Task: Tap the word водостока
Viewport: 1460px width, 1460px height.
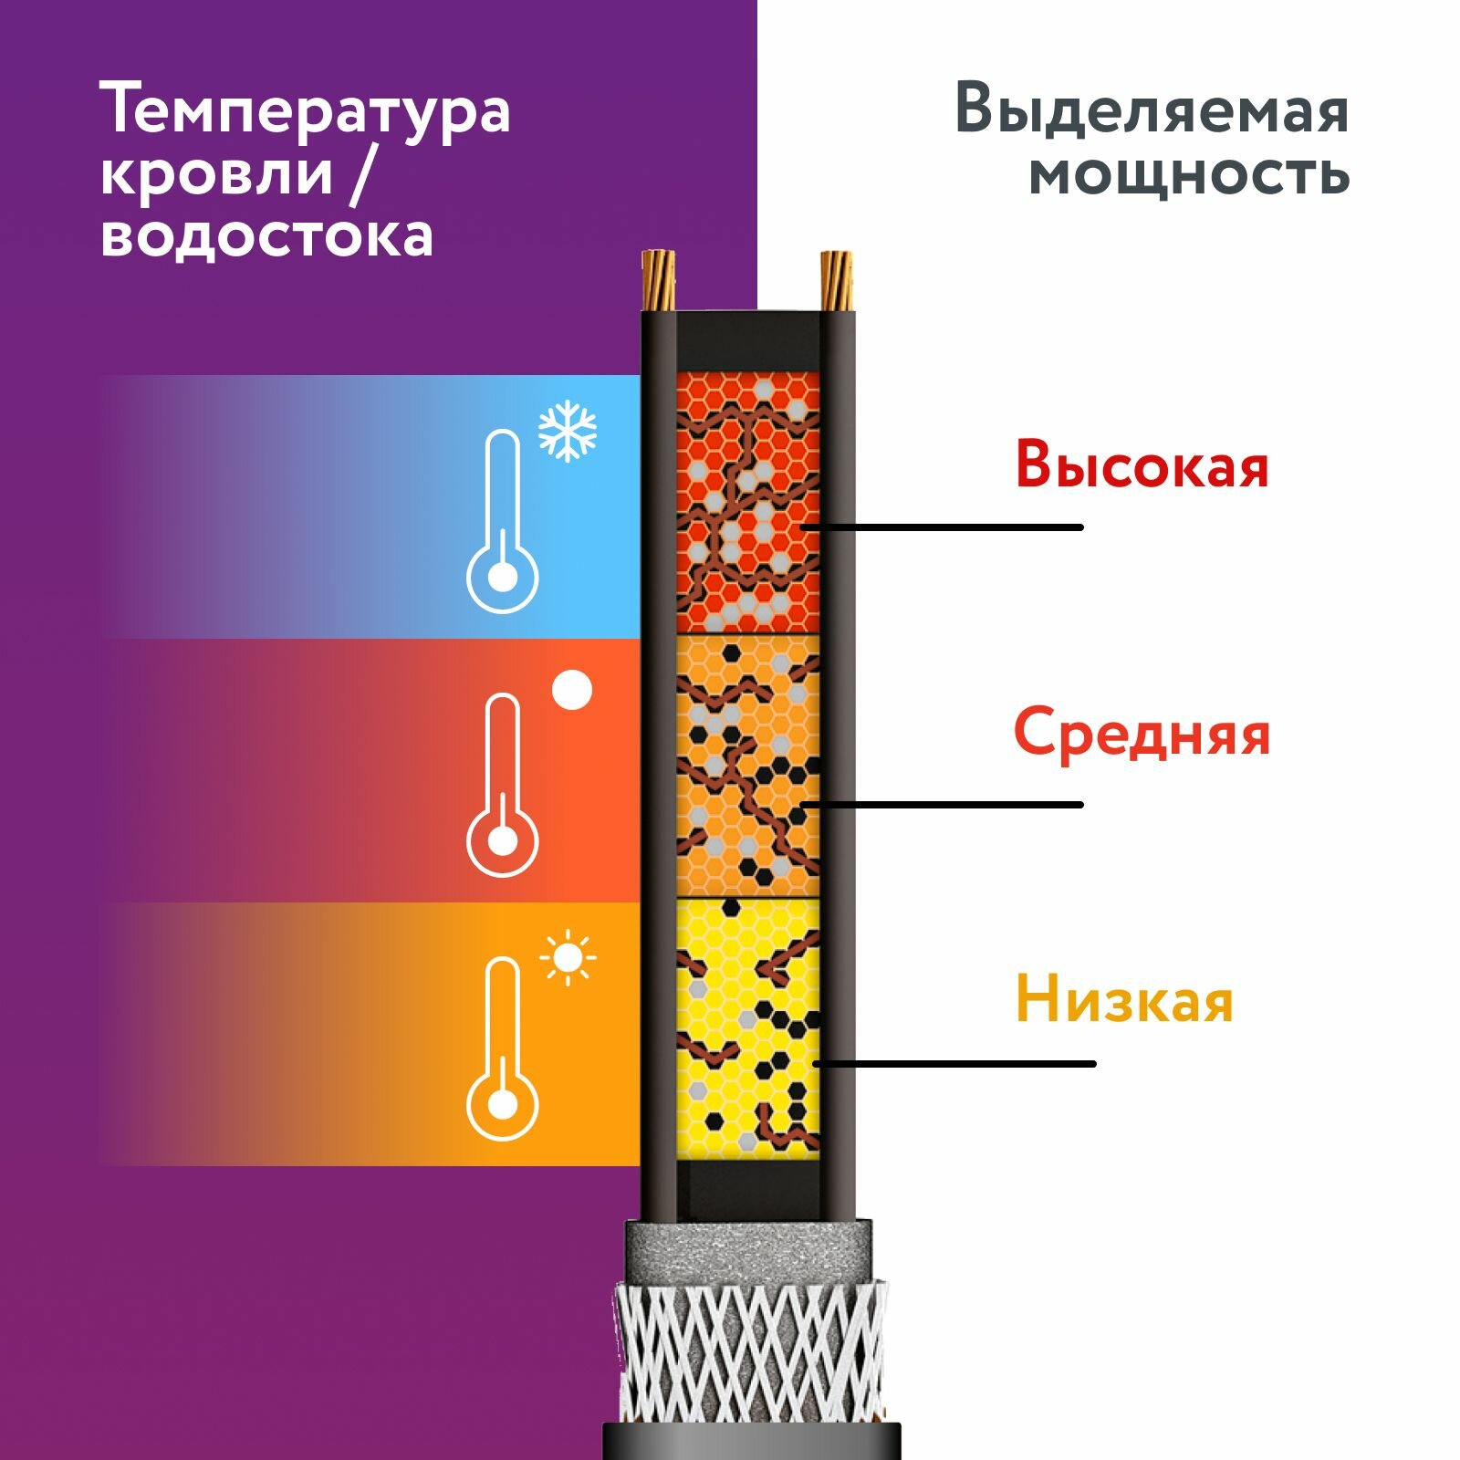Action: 266,235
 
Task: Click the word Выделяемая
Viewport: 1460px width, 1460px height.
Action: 1152,110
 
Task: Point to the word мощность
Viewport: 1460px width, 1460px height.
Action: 1189,174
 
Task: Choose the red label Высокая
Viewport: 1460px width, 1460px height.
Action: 1142,465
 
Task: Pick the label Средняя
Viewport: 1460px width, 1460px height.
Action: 1142,733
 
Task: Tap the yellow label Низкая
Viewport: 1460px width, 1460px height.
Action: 1124,999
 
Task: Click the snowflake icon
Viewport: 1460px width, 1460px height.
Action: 568,430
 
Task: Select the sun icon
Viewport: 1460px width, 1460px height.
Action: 568,958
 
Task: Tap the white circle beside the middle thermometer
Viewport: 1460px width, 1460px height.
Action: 572,690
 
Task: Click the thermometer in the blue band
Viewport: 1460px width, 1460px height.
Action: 503,521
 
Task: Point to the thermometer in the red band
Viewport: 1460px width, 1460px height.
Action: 503,785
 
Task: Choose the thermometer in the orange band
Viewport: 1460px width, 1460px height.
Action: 503,1048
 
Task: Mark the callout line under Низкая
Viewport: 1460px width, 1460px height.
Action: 954,1064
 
